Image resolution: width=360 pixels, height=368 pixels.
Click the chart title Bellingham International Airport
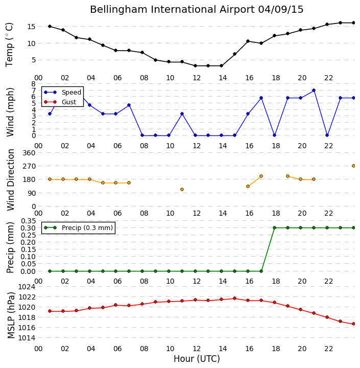pos(172,10)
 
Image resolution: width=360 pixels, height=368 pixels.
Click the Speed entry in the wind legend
pos(71,92)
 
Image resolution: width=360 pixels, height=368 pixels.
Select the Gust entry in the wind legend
pos(69,102)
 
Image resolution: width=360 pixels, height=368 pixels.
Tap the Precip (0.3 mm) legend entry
pos(87,227)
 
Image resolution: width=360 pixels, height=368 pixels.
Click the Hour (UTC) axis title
pos(197,359)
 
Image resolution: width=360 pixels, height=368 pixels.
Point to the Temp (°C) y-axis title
pos(9,45)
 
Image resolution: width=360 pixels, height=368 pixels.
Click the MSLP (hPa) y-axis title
pos(11,315)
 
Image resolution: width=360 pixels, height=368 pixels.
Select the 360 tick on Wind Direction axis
pos(29,153)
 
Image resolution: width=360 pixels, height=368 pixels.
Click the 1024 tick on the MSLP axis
pos(27,287)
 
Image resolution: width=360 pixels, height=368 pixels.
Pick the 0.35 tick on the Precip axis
pos(29,221)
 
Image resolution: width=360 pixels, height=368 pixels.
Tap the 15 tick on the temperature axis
pos(32,27)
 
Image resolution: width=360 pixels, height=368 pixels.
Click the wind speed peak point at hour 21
pos(314,90)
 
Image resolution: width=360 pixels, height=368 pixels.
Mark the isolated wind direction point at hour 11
pos(182,190)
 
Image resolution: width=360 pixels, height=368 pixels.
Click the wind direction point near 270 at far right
pos(354,166)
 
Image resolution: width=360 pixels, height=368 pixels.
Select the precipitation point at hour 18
pos(274,227)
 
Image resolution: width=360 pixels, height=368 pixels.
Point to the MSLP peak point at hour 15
pos(234,298)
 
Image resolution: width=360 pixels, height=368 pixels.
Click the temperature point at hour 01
pos(50,26)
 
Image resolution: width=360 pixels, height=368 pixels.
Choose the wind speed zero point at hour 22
pos(327,135)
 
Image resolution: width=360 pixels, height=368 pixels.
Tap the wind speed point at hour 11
pos(182,114)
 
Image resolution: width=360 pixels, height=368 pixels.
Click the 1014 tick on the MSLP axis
pos(27,338)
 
